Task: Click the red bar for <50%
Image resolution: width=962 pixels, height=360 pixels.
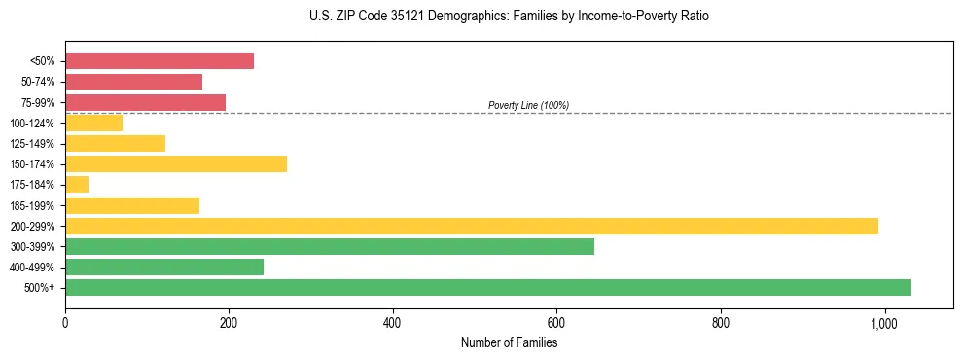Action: click(159, 60)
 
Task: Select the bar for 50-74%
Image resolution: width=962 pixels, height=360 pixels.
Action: click(133, 82)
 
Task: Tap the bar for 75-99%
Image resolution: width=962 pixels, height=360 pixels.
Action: click(145, 102)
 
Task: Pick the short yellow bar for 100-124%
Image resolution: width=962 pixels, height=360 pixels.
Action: click(93, 123)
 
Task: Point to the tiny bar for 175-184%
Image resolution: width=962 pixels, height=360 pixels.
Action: click(77, 184)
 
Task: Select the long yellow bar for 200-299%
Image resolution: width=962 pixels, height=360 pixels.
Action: click(471, 226)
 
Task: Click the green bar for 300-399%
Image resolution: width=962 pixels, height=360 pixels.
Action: click(329, 246)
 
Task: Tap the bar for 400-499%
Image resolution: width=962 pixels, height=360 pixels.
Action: click(163, 267)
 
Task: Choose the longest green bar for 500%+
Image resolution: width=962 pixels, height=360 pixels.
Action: click(487, 287)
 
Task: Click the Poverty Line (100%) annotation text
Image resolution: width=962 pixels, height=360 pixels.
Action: click(528, 105)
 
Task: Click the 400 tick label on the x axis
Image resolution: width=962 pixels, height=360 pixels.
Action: click(392, 323)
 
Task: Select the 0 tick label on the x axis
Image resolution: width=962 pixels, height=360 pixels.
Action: click(65, 323)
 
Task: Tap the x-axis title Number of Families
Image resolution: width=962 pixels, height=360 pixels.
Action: click(509, 342)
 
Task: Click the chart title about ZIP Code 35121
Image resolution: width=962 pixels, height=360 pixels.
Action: click(509, 17)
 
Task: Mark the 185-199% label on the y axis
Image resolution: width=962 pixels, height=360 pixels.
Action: click(32, 205)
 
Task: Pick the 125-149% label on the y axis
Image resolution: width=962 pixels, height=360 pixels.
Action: click(32, 144)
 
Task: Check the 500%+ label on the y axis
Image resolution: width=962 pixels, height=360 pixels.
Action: click(40, 288)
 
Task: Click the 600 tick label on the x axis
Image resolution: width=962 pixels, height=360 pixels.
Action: click(556, 323)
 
